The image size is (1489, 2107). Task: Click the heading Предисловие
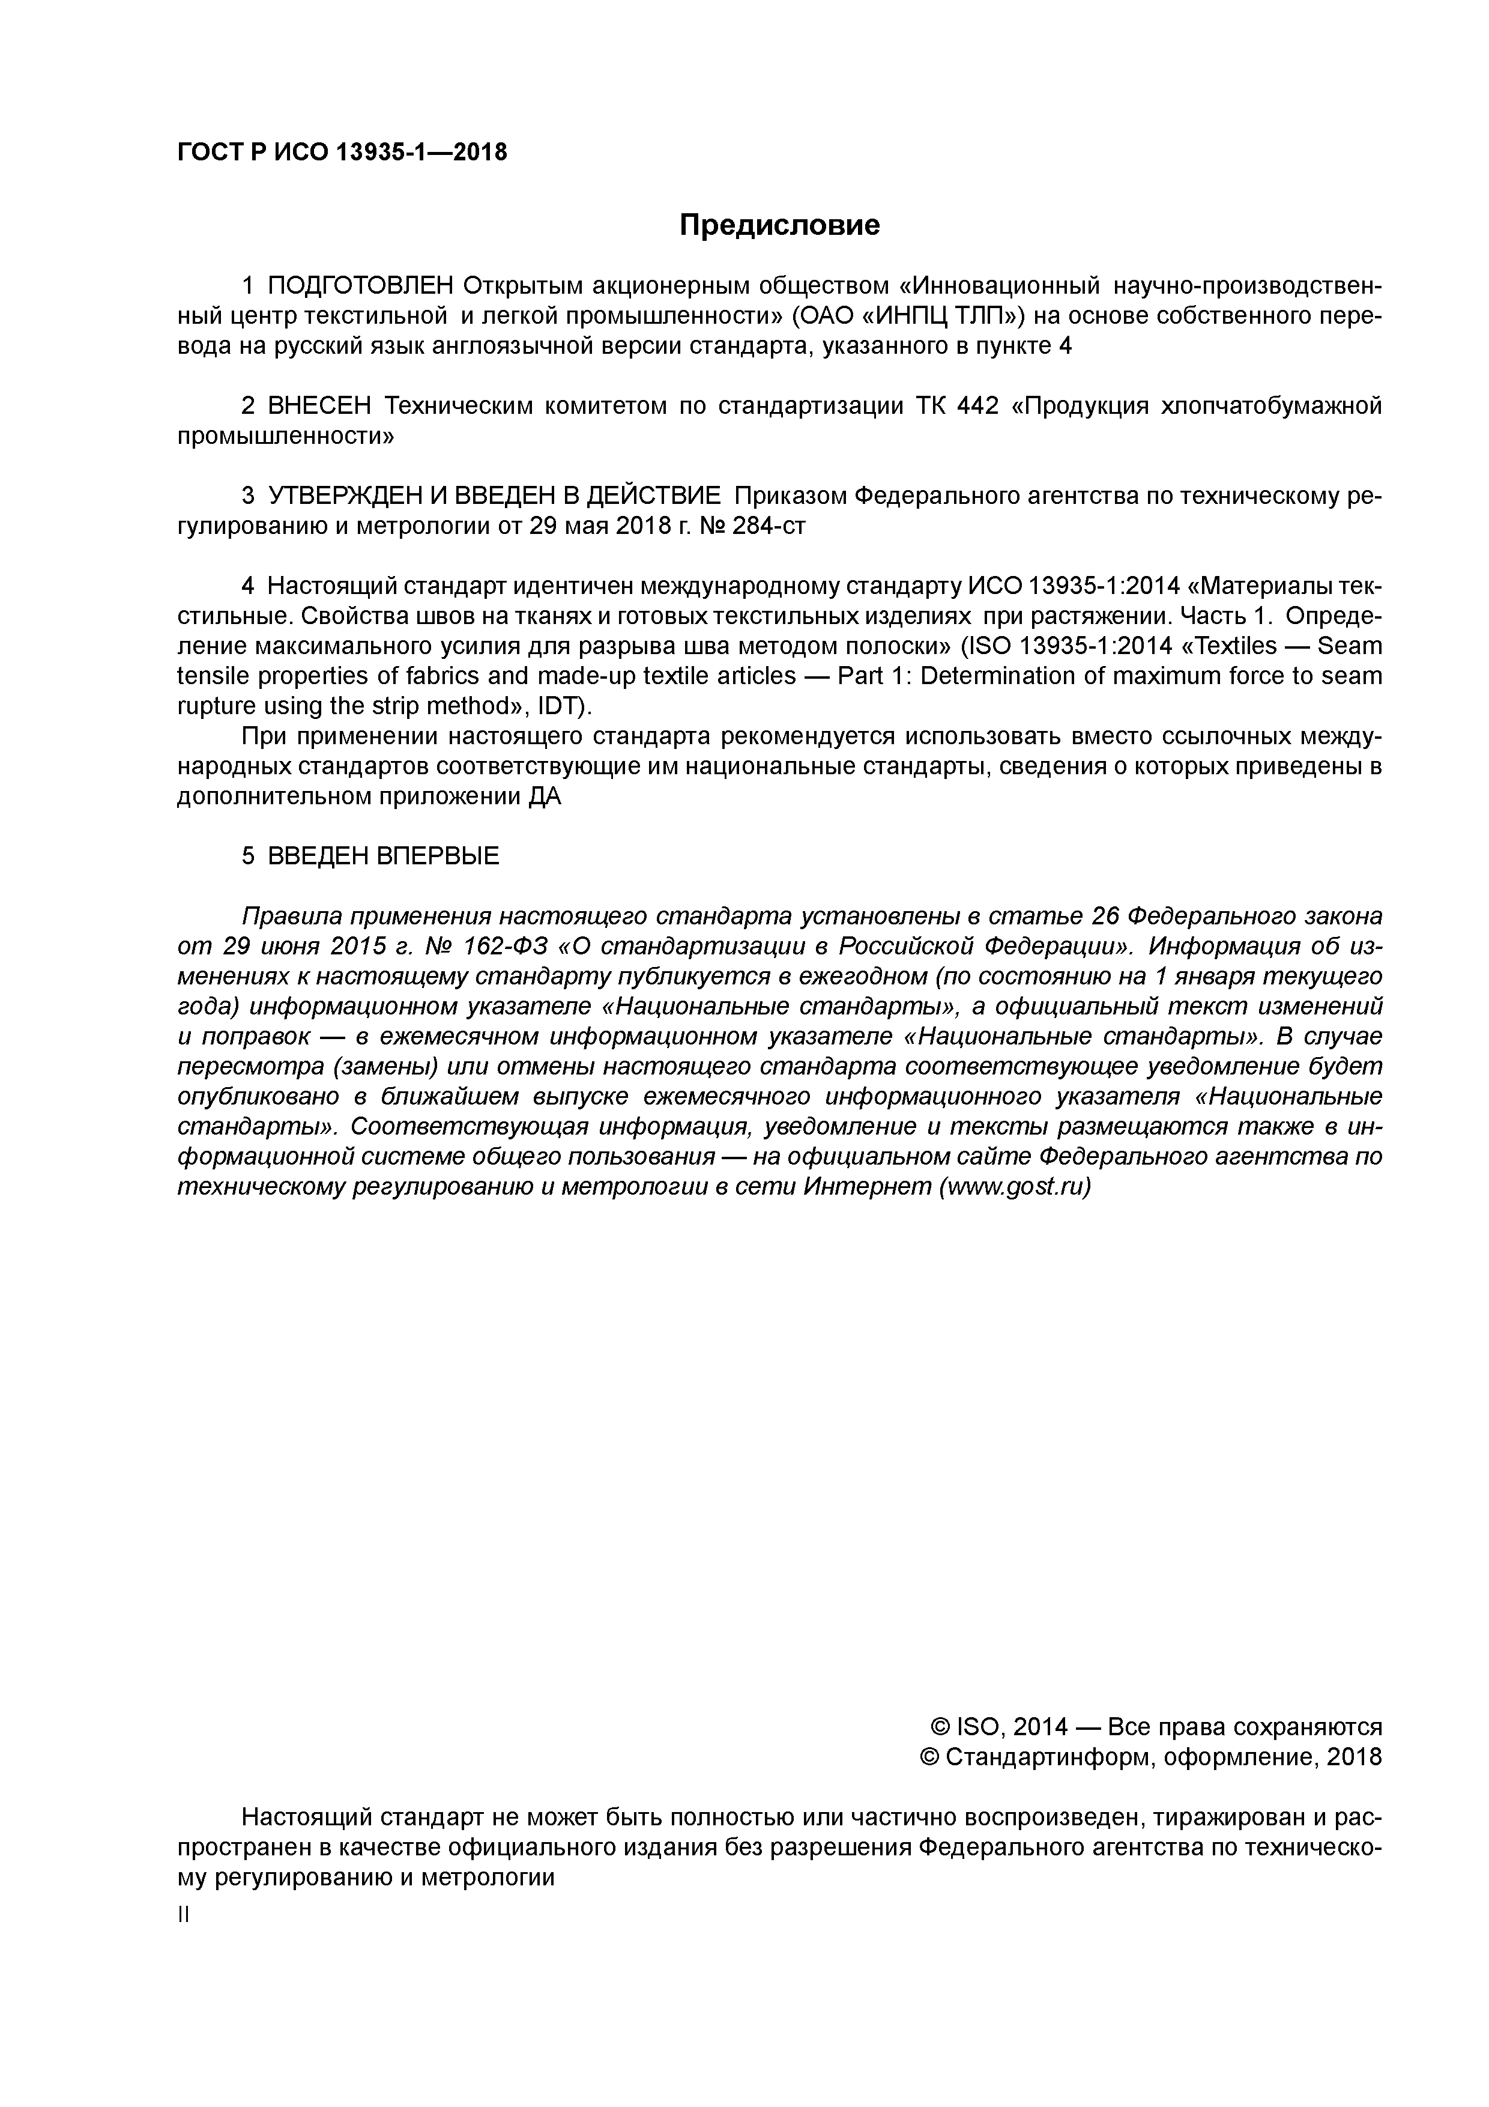[x=779, y=225]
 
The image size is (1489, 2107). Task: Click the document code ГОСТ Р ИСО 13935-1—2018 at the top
[x=341, y=153]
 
